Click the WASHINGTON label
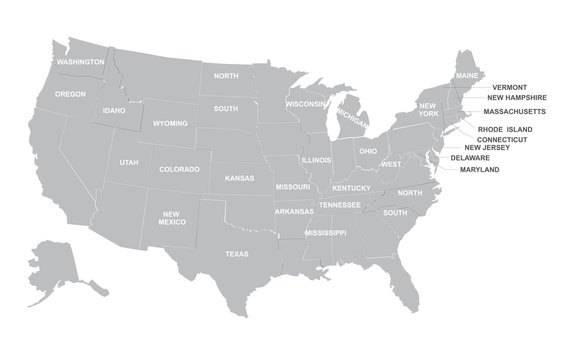pos(81,62)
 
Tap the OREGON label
pos(70,94)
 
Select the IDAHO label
pos(113,110)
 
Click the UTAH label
pos(129,162)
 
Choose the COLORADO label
pos(179,169)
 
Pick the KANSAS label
pos(240,178)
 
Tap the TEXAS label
pos(237,254)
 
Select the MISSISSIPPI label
pos(324,232)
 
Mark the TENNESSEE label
pos(340,204)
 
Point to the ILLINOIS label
pos(317,159)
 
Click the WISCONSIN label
pos(305,103)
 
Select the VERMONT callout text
pos(510,87)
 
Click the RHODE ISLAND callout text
pos(505,129)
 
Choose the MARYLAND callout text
pos(480,169)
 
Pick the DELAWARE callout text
pos(470,158)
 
